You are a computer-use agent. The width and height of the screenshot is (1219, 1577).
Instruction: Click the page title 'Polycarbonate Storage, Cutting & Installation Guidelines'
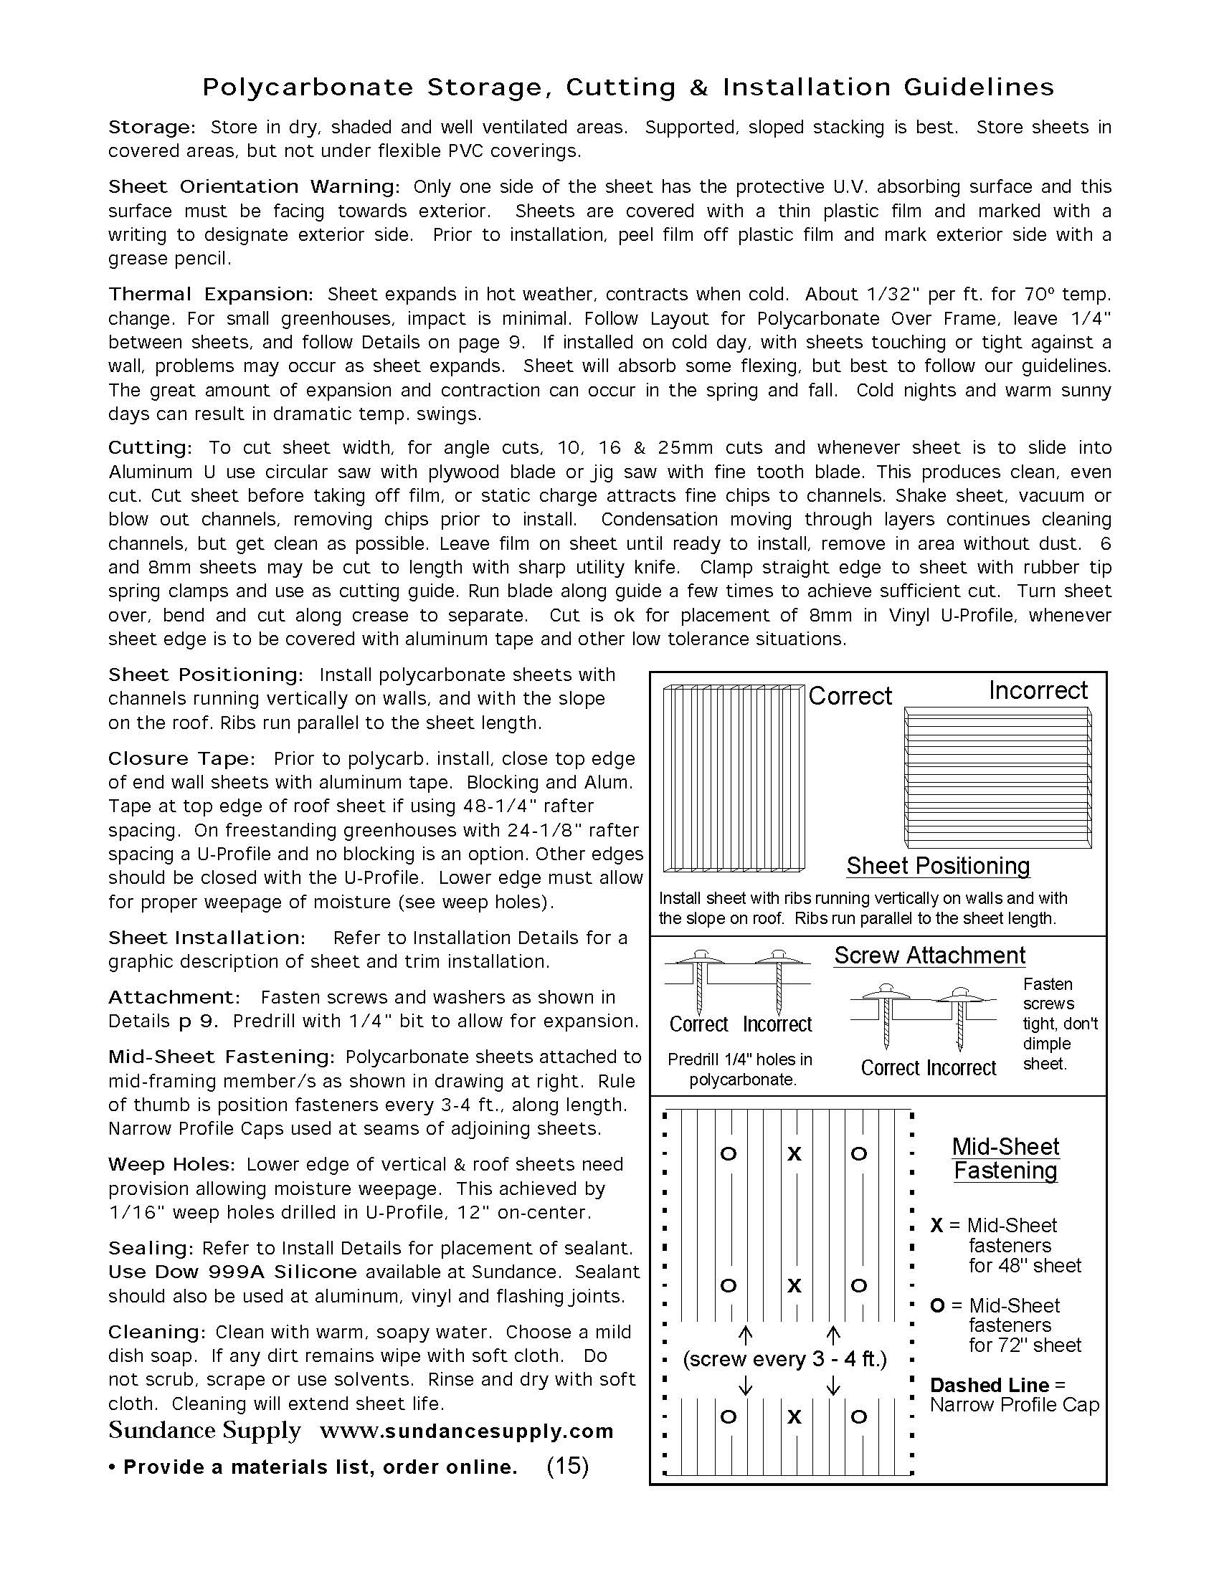point(627,87)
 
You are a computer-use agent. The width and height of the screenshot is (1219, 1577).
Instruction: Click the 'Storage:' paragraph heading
point(151,128)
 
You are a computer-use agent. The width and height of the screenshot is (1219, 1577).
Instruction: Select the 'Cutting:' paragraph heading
point(150,448)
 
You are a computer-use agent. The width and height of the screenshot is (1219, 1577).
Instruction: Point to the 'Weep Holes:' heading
point(171,1165)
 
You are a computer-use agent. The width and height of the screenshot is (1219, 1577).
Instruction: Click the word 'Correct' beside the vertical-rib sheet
point(850,696)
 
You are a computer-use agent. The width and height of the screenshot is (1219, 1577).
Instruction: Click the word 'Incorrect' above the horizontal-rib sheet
point(1038,691)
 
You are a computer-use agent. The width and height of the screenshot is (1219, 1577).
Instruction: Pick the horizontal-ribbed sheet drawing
point(997,778)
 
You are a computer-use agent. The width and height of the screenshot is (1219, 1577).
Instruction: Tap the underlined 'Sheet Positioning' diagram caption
point(938,866)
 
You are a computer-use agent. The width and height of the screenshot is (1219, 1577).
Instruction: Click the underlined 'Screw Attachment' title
point(929,956)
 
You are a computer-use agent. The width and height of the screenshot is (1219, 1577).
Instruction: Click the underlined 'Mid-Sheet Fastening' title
point(1005,1158)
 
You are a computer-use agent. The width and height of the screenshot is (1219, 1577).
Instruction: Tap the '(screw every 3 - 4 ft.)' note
point(784,1359)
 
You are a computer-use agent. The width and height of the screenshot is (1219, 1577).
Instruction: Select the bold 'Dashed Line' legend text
point(989,1385)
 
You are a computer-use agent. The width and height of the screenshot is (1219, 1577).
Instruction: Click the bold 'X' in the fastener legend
point(936,1225)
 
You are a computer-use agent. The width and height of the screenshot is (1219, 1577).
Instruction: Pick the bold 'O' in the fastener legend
point(937,1305)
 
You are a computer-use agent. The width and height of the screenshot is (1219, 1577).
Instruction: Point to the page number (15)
point(568,1466)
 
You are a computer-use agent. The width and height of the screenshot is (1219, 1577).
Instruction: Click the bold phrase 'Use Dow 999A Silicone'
point(232,1272)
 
